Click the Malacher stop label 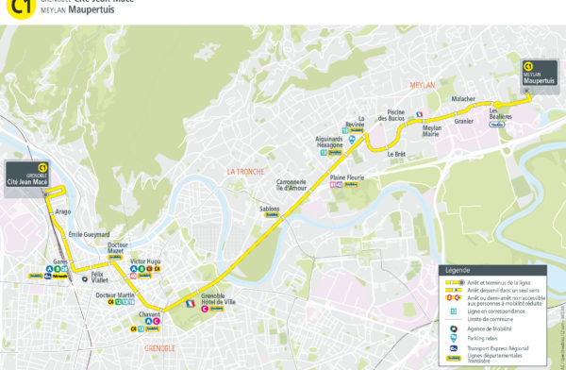463,98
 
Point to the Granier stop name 463,121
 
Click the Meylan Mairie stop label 431,131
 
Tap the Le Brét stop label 395,154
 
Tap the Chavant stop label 149,313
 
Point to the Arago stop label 63,212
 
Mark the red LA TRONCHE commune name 242,171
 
